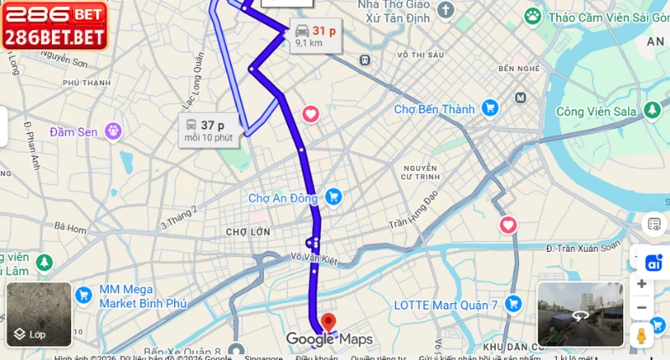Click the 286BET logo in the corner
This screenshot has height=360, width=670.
54,24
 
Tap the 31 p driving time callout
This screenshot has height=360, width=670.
314,35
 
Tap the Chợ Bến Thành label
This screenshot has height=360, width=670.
434,109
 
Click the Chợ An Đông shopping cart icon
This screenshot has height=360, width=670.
333,198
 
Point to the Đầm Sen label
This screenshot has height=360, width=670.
75,131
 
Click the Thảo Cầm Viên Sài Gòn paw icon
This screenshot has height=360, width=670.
532,16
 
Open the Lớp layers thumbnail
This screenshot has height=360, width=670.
39,314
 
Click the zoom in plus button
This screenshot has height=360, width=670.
642,284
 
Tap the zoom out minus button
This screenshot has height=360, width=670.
642,307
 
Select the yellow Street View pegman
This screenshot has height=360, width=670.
642,336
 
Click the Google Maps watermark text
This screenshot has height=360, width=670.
329,339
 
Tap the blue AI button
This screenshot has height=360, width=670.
654,262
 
